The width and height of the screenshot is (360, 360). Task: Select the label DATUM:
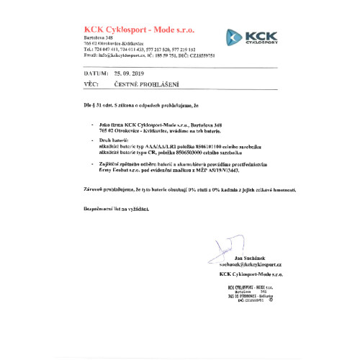(96, 73)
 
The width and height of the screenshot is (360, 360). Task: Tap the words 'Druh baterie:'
(114, 139)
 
